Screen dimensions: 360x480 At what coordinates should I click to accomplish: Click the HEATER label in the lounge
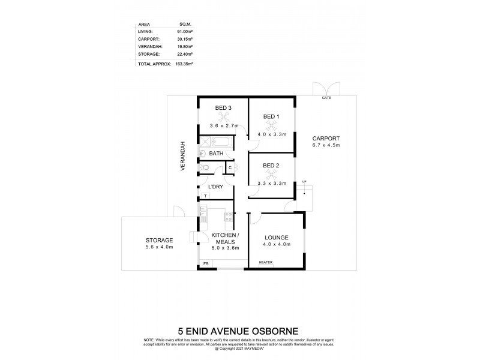point(265,262)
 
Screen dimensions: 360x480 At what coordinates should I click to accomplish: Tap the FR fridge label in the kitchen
point(205,263)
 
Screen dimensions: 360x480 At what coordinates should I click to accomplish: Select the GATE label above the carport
point(326,97)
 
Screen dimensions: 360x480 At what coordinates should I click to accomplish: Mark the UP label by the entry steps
point(304,181)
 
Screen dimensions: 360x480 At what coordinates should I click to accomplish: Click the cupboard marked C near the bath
point(230,167)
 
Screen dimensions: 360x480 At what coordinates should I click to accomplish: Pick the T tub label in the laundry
point(205,196)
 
